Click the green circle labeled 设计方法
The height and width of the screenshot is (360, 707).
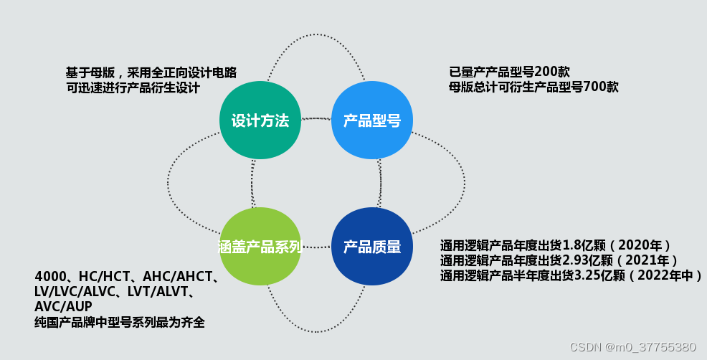pos(260,120)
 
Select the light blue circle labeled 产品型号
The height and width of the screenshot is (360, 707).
pos(371,120)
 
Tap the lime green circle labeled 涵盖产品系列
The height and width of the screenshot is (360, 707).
pos(260,247)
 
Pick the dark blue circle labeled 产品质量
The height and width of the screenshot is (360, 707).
pos(371,247)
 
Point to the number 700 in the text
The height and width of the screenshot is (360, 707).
pos(592,87)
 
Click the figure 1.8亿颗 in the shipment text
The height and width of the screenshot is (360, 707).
pos(580,244)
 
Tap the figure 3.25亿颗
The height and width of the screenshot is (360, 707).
pos(597,275)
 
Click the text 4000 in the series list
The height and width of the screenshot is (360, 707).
pos(49,277)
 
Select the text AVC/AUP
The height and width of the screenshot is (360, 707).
pos(63,307)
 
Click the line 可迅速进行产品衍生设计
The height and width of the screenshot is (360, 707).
pos(133,87)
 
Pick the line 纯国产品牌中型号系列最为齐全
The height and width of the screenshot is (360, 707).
pos(120,322)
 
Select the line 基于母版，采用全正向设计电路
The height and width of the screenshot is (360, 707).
pos(151,72)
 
